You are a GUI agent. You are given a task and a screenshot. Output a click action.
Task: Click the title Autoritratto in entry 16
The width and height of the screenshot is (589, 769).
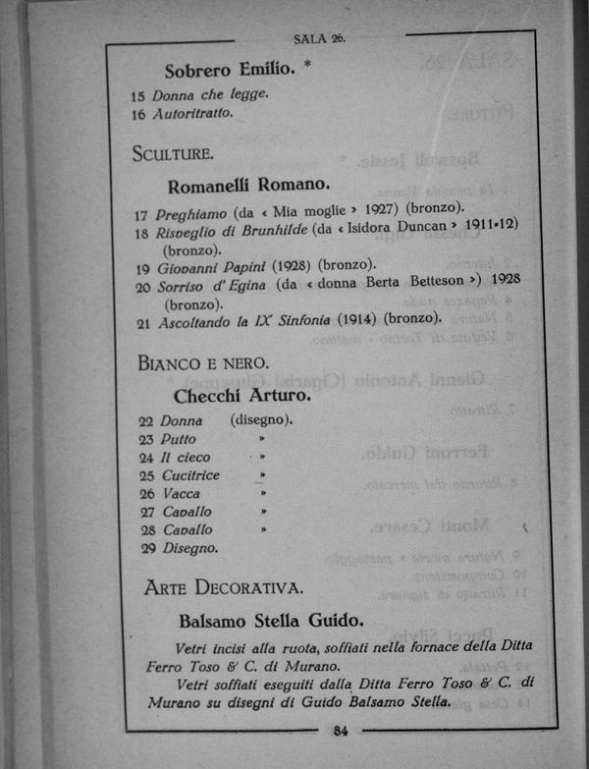click(193, 114)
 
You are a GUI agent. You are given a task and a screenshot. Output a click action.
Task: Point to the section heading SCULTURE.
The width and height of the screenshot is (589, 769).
click(173, 154)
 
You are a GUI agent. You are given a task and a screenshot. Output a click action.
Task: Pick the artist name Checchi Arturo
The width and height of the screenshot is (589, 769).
click(241, 396)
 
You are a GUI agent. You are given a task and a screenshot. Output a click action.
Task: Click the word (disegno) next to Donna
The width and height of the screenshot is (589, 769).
click(261, 420)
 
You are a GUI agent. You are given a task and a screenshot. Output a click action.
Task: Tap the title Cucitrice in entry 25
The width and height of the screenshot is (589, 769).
click(190, 475)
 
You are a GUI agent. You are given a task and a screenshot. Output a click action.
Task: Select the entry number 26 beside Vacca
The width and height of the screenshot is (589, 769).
click(147, 494)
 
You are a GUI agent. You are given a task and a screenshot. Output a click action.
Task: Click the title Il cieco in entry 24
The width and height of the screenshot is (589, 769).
click(186, 458)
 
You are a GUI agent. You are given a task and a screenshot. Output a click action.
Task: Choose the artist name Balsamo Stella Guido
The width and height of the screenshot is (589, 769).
click(271, 621)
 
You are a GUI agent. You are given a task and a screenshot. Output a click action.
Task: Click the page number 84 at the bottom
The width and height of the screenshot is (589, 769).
click(341, 730)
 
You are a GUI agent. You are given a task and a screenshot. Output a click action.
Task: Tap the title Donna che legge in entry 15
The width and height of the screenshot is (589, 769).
click(210, 95)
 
